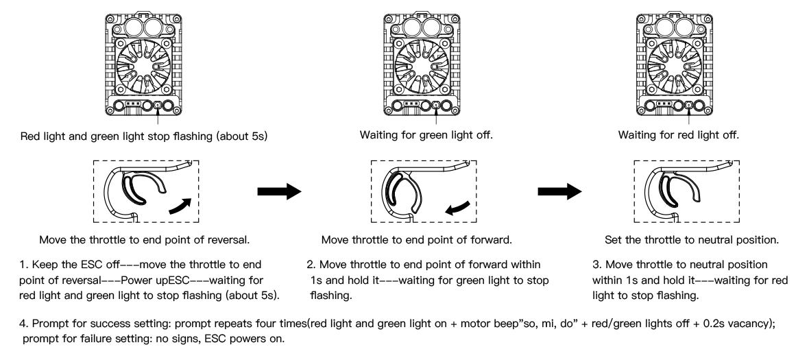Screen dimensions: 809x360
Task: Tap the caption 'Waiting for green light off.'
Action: click(x=426, y=135)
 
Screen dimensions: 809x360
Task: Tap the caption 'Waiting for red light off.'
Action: click(x=679, y=135)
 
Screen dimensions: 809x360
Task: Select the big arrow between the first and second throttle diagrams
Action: click(x=279, y=191)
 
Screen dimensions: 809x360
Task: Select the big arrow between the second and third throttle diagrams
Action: click(x=560, y=191)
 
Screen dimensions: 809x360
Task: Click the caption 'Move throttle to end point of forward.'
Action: click(x=416, y=240)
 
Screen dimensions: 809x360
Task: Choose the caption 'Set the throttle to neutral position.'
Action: click(x=692, y=240)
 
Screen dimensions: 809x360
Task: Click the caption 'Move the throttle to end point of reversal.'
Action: click(x=145, y=240)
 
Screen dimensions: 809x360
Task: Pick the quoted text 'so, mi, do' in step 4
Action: click(x=520, y=324)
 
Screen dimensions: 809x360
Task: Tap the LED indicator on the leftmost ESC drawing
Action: click(x=158, y=106)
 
